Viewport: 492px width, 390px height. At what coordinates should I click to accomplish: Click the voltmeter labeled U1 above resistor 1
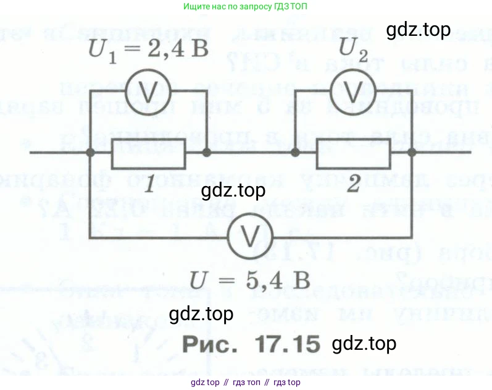click(148, 91)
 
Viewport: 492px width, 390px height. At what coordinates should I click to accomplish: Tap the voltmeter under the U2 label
click(352, 91)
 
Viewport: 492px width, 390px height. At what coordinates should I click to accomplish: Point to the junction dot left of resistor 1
click(90, 152)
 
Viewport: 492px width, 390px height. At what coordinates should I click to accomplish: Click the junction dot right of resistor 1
click(207, 152)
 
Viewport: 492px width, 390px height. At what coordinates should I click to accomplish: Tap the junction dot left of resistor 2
click(295, 152)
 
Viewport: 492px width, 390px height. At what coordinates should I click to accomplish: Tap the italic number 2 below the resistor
click(352, 185)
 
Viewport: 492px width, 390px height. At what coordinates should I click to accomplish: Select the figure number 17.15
click(285, 342)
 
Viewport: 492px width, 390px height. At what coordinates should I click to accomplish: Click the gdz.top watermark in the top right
click(418, 30)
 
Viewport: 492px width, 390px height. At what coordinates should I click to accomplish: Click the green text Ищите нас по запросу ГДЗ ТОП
click(246, 7)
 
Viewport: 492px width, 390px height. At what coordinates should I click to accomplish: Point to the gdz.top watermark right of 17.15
click(364, 343)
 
